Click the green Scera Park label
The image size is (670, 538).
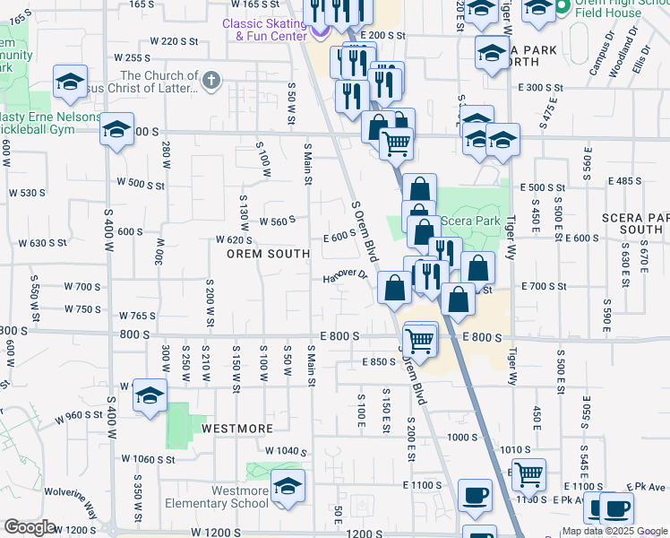click(476, 220)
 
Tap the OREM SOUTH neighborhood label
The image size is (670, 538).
click(268, 254)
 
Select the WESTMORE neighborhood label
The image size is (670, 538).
click(236, 428)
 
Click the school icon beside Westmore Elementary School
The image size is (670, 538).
click(288, 486)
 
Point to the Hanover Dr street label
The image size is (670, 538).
click(346, 276)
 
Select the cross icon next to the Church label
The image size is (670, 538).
click(210, 82)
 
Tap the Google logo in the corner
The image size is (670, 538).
click(30, 527)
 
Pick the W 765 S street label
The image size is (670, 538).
click(137, 316)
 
